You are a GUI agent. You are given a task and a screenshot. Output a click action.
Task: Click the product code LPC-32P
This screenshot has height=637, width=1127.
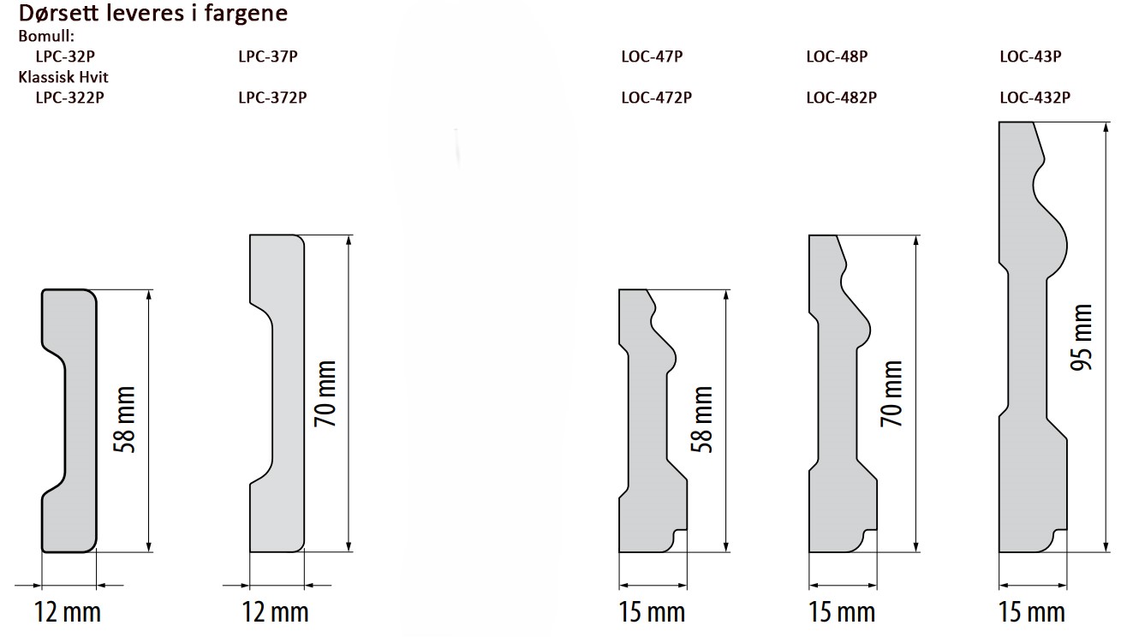point(65,56)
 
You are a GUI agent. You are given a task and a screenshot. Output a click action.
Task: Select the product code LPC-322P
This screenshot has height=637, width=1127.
point(69,97)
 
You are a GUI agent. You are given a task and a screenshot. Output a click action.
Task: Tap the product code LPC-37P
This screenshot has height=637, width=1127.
point(268,56)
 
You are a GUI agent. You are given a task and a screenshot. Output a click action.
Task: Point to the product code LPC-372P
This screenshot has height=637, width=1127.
point(272,97)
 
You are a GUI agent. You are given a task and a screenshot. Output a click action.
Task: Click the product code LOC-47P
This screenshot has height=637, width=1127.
point(652,56)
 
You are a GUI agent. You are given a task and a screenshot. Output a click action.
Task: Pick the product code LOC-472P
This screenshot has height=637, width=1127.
point(657,97)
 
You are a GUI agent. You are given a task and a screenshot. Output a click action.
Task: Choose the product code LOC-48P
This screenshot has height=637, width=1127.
point(838,56)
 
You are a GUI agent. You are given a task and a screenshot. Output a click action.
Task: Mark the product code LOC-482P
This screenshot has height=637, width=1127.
point(842,97)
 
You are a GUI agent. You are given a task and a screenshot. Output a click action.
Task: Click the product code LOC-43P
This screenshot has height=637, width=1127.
point(1030,56)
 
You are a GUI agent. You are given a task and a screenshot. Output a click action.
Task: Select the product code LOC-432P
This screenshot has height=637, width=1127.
point(1035,97)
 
